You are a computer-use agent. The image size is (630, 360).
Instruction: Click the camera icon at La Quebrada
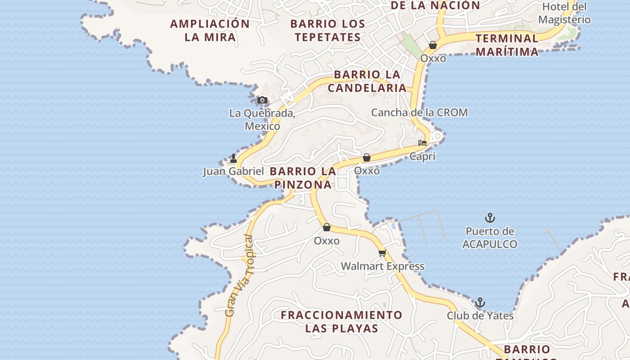click(x=262, y=100)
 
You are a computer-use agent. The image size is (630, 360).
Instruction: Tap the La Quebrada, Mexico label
click(x=262, y=119)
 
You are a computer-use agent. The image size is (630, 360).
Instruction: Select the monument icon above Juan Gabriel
click(x=233, y=158)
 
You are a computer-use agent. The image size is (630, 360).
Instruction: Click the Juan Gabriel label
click(x=233, y=171)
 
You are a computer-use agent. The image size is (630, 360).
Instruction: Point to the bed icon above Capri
click(x=423, y=144)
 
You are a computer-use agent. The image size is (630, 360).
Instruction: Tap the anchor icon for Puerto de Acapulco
click(x=490, y=218)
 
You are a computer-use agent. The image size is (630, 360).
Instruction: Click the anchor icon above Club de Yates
click(x=480, y=302)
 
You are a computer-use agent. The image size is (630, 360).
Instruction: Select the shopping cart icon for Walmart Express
click(x=382, y=253)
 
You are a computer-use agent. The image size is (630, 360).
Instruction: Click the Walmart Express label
click(x=382, y=266)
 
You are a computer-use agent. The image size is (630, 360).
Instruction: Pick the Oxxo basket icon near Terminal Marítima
click(x=433, y=45)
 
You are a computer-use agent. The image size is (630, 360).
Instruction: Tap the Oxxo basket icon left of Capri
click(x=367, y=157)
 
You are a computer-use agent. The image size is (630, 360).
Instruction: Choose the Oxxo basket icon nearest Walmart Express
click(x=327, y=227)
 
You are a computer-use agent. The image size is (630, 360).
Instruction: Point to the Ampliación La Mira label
click(x=210, y=31)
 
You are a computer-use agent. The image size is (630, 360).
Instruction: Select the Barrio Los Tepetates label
click(x=328, y=31)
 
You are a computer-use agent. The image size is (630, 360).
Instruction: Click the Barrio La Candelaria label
click(x=367, y=81)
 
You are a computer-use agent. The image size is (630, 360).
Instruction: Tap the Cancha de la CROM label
click(x=419, y=112)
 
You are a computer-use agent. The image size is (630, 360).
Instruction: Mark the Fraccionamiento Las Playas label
click(x=342, y=321)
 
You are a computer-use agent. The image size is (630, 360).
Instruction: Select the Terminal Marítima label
click(x=507, y=45)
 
